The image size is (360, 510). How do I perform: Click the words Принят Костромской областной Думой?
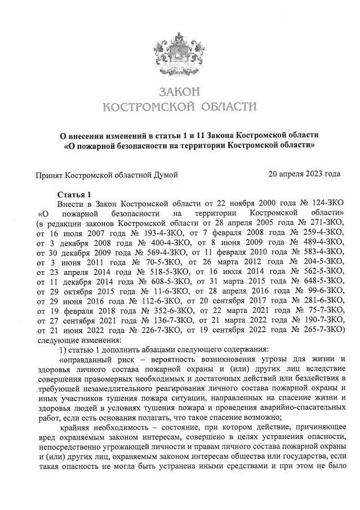pyautogui.click(x=108, y=175)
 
